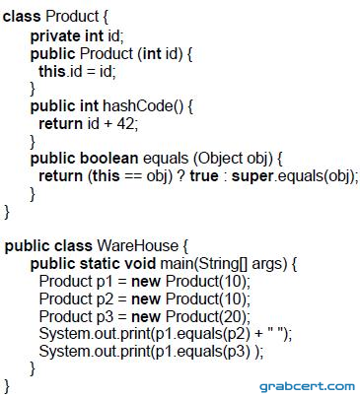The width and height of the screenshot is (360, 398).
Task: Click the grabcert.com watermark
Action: click(x=307, y=386)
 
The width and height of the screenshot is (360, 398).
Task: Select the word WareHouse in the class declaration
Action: click(x=137, y=245)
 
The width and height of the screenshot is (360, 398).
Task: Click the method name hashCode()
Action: click(x=143, y=106)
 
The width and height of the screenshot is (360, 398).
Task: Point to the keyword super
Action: click(x=252, y=176)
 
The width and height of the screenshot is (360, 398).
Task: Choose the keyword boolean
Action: click(x=109, y=159)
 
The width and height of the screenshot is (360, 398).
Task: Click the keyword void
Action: click(x=140, y=264)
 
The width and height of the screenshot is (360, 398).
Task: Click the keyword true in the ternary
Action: click(x=204, y=176)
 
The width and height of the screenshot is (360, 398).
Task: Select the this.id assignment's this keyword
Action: click(x=52, y=71)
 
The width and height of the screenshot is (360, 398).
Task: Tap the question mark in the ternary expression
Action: click(x=180, y=176)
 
